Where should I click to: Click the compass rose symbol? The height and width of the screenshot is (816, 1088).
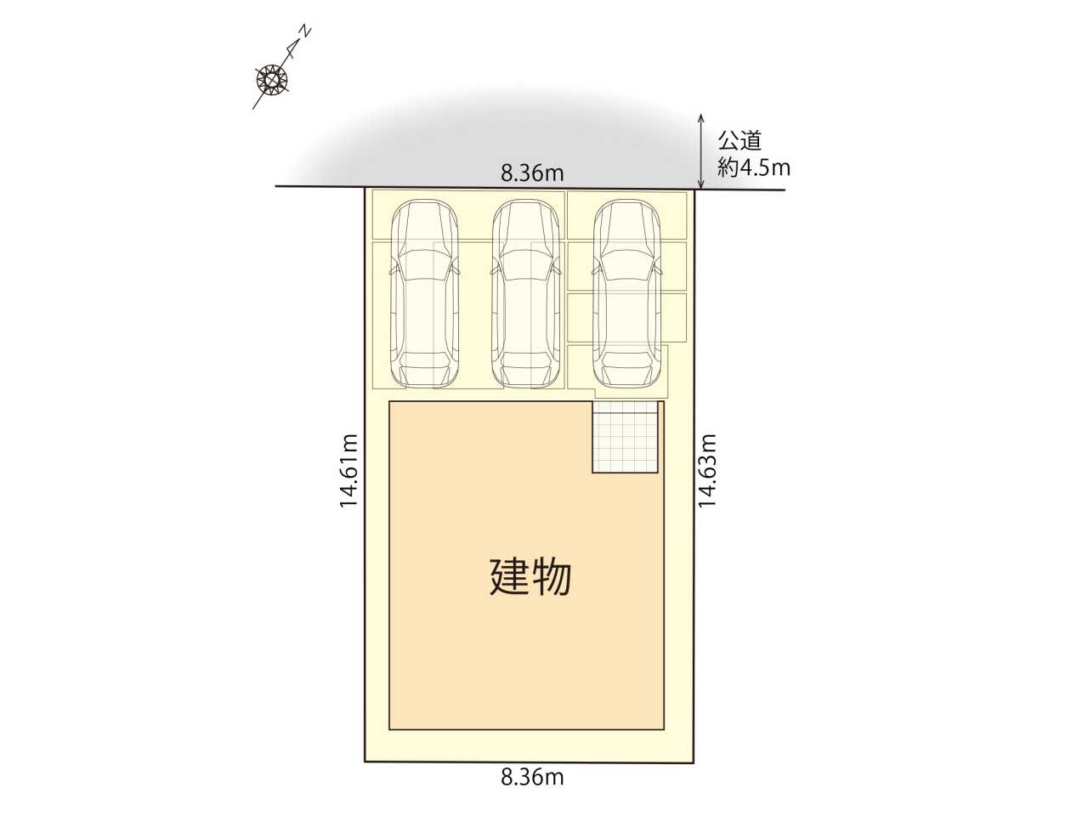[x=272, y=79]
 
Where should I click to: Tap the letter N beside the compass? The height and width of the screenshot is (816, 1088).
[x=306, y=31]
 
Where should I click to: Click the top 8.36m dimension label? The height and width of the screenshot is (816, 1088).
[x=532, y=173]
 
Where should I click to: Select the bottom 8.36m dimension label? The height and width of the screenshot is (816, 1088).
[x=532, y=791]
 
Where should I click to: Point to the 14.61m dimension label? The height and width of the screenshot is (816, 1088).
[x=349, y=471]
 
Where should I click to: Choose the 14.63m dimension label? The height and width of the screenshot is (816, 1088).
[x=707, y=471]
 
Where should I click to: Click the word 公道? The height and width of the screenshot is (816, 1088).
[x=739, y=142]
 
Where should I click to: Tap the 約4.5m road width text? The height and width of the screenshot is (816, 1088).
[x=754, y=168]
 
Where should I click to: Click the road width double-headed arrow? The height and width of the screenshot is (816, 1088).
[x=701, y=151]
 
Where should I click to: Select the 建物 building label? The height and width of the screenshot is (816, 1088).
[x=531, y=577]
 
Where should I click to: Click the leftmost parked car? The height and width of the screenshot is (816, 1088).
[x=425, y=293]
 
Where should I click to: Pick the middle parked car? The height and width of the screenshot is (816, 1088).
[x=526, y=293]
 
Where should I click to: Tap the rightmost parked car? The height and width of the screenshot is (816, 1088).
[x=627, y=293]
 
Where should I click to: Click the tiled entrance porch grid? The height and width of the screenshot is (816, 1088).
[x=626, y=437]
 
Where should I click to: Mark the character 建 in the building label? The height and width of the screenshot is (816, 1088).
[x=509, y=577]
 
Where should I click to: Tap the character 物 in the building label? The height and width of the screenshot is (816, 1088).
[x=552, y=577]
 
